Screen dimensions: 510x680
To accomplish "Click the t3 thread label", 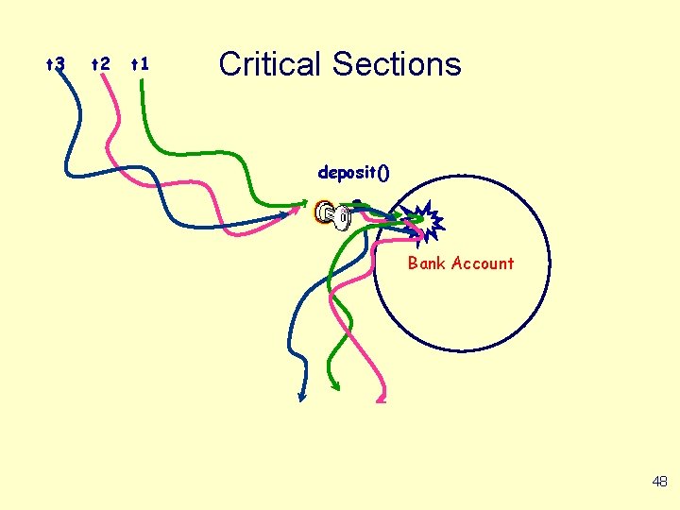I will (x=56, y=64).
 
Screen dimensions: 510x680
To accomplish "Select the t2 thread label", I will (x=99, y=64).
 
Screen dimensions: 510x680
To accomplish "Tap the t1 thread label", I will (x=140, y=64).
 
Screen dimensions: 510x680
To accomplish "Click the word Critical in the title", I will (x=270, y=64).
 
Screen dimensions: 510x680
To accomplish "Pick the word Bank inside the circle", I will (x=427, y=263).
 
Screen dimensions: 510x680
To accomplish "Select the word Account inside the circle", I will (x=482, y=263).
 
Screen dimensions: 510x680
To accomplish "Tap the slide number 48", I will (x=659, y=482).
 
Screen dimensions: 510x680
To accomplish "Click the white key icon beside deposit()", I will (x=334, y=216).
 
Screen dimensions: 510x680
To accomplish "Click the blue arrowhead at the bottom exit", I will (x=301, y=398).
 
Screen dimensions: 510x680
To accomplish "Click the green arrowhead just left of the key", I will (x=305, y=201).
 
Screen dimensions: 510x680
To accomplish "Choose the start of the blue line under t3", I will (x=60, y=76).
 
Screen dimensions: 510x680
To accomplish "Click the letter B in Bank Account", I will (x=413, y=263).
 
